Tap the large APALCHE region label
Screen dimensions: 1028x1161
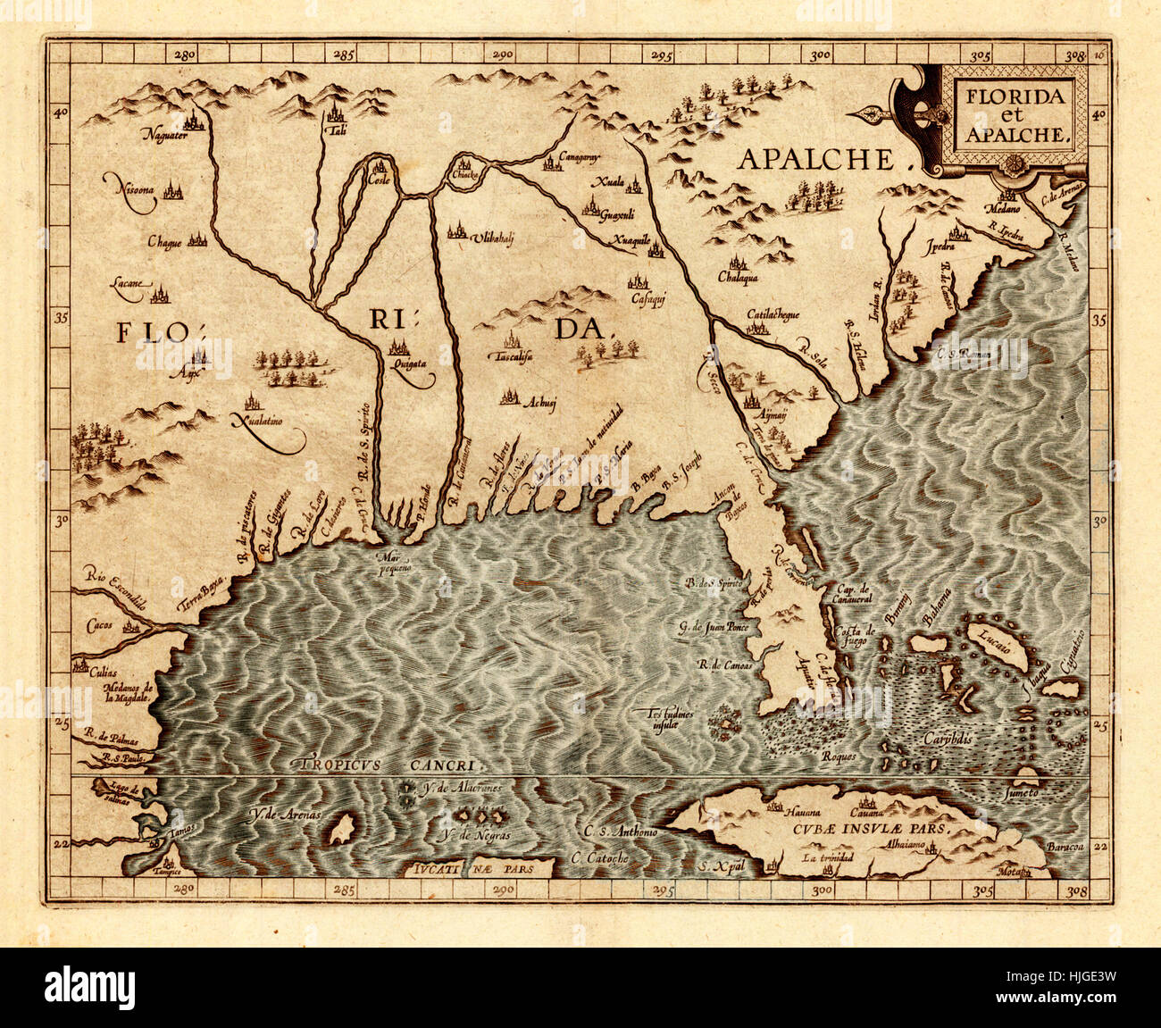coord(815,160)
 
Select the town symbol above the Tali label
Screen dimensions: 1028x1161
coord(336,113)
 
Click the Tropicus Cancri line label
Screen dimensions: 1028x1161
coord(391,765)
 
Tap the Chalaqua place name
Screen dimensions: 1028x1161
coord(737,278)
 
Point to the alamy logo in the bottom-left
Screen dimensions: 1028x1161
coord(89,988)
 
